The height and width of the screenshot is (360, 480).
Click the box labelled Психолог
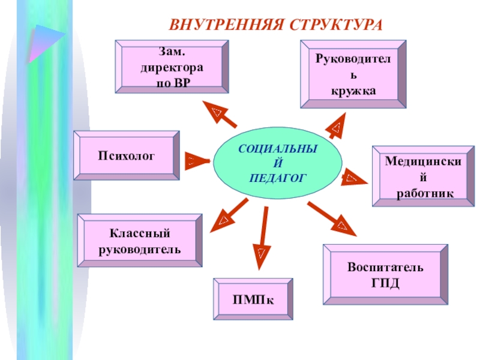coord(127,155)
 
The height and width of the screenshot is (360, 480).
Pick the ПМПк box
coord(253,299)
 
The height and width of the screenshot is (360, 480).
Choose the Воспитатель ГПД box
coord(385,274)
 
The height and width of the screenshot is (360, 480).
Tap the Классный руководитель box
coord(140,240)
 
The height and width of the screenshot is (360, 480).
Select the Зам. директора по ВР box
coord(172,66)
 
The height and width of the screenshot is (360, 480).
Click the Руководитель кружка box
coord(353,74)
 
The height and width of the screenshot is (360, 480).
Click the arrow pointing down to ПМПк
coord(262,237)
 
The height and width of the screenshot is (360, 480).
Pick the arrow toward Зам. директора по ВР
coord(219,114)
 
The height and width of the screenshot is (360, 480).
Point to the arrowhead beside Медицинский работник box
coord(354,178)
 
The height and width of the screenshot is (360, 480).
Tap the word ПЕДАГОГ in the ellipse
coord(278,178)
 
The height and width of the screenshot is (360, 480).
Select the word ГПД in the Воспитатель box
coord(385,281)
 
